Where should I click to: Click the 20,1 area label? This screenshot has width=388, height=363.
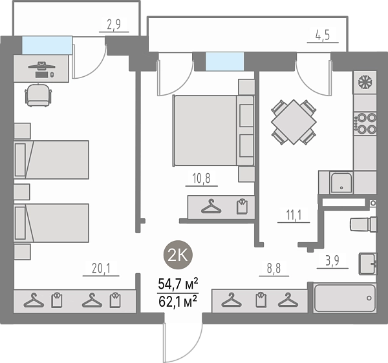101,268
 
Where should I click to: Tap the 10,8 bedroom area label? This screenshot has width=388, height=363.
201,178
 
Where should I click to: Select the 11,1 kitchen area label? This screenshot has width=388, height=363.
294,215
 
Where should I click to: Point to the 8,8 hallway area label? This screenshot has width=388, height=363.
274,268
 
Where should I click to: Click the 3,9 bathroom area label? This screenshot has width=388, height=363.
332,260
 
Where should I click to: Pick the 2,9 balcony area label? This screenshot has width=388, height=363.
114,24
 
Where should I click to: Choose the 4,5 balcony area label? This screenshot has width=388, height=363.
323,35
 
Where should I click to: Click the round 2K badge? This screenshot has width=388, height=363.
178,254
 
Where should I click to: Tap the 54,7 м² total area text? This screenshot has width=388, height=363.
178,284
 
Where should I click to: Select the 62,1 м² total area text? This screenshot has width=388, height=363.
178,301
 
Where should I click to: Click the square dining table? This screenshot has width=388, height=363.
294,122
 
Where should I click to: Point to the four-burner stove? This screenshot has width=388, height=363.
365,123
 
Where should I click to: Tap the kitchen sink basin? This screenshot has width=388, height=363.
341,183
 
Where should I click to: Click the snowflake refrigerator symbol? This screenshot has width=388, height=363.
364,81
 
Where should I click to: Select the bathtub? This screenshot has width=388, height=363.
345,298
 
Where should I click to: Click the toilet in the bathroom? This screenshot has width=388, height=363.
363,224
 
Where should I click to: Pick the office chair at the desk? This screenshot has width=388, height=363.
38,95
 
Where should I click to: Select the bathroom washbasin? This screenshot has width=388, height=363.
368,264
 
